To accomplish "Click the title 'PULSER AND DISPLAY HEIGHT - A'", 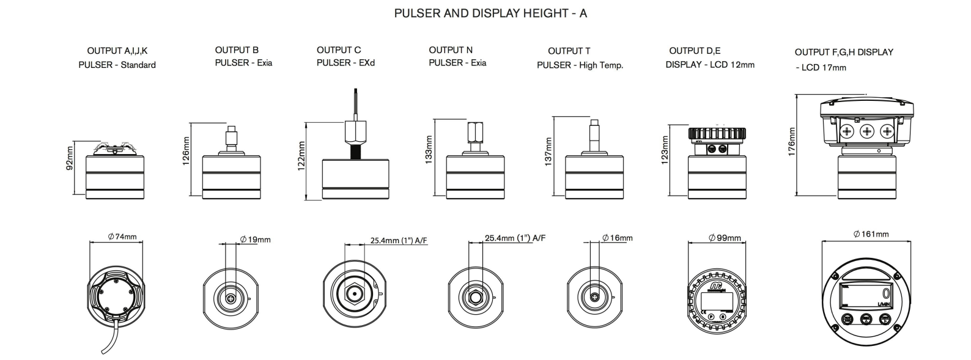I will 490,13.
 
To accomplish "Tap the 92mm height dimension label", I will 70,158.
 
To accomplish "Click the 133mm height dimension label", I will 429,149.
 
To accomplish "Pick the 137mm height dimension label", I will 548,151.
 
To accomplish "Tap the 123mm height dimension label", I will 665,149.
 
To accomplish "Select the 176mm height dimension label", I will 792,143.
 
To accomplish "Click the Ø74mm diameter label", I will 122,237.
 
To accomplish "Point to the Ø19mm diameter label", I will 256,240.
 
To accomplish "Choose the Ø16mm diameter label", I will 618,238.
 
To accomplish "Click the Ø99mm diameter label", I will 725,238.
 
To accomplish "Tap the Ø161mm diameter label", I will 871,234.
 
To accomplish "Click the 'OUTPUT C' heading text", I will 339,50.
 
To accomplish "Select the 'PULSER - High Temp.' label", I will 580,65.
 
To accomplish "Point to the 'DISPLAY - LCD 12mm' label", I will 710,65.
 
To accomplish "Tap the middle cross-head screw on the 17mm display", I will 866,131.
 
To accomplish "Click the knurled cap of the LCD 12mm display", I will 717,133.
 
